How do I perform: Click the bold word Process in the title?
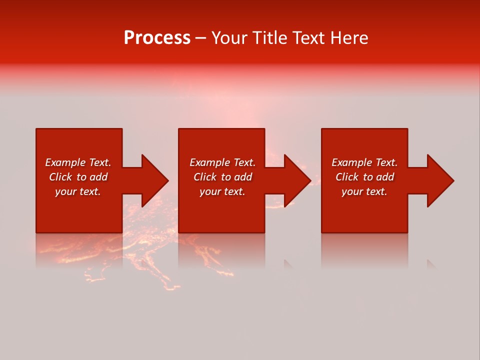point(157,38)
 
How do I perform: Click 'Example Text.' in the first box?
point(78,162)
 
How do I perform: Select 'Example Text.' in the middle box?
point(222,162)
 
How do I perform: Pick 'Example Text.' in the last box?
point(364,162)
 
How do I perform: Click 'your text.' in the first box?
point(78,191)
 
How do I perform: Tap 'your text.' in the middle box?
point(222,191)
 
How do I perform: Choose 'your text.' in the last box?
point(364,191)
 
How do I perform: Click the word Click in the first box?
point(61,177)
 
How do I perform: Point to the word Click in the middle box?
point(205,177)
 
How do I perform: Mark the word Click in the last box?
point(347,177)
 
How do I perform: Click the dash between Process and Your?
point(200,38)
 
